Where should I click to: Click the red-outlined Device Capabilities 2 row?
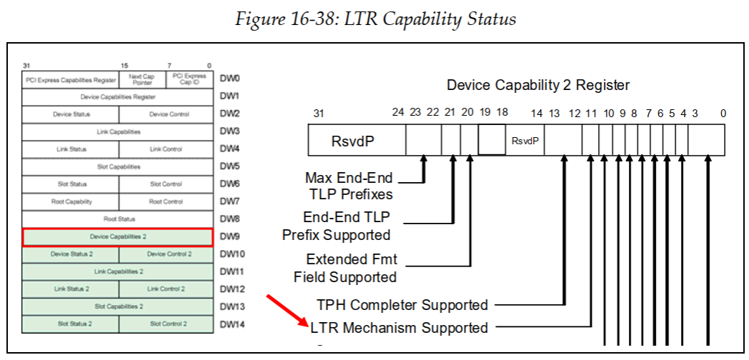coord(117,236)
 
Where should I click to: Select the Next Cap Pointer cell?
coord(142,79)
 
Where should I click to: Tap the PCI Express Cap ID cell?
coord(189,79)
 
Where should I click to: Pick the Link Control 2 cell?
coord(166,289)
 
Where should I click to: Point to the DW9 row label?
coord(229,236)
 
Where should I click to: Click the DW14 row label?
coord(232,324)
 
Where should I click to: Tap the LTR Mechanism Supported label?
coord(400,328)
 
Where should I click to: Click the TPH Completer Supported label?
coord(402,305)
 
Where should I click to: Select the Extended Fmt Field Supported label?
coord(345,268)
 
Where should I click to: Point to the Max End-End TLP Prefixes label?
coord(349,185)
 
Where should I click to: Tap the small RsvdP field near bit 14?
coord(525,141)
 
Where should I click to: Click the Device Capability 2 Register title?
coord(537,85)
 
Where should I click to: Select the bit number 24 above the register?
coord(398,113)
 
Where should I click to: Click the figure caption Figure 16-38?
coord(374,19)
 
